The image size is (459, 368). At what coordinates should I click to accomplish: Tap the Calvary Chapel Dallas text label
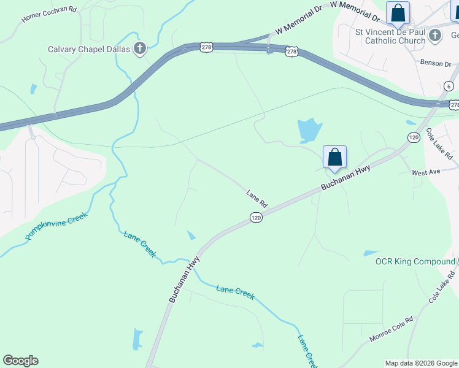90,49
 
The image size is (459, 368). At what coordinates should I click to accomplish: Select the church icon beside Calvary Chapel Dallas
140,48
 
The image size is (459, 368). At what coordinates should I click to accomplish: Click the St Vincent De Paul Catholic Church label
390,36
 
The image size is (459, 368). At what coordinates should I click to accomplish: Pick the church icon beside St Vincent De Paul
435,35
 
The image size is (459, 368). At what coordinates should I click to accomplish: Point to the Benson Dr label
435,63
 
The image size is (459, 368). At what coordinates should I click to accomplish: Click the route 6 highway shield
449,86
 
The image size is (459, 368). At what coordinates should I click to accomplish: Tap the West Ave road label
426,172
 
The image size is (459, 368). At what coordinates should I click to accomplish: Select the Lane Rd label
257,197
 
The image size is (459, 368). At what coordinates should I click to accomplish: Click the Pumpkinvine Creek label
56,225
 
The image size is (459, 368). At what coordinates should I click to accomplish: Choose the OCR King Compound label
415,262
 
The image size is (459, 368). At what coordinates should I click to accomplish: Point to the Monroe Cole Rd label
391,329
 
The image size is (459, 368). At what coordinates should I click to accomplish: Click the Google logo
20,361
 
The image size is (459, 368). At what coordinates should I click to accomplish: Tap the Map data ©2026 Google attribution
421,363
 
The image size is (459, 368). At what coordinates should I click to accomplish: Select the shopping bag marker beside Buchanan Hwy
334,157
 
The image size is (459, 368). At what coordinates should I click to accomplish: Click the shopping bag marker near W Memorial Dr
398,13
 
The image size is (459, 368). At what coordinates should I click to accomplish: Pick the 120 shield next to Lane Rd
256,218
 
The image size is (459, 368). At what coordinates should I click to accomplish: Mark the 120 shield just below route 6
414,137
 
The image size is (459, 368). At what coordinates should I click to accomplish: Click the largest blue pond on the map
309,129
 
